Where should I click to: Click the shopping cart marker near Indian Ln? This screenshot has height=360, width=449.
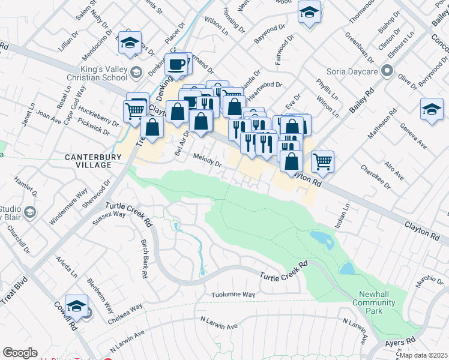click(x=323, y=160)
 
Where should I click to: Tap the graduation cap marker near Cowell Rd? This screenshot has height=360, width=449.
click(x=77, y=306)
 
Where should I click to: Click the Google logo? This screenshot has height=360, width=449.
click(x=20, y=353)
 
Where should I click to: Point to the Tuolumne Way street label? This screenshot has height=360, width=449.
click(x=234, y=295)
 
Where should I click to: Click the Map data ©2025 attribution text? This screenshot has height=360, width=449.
click(x=423, y=355)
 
